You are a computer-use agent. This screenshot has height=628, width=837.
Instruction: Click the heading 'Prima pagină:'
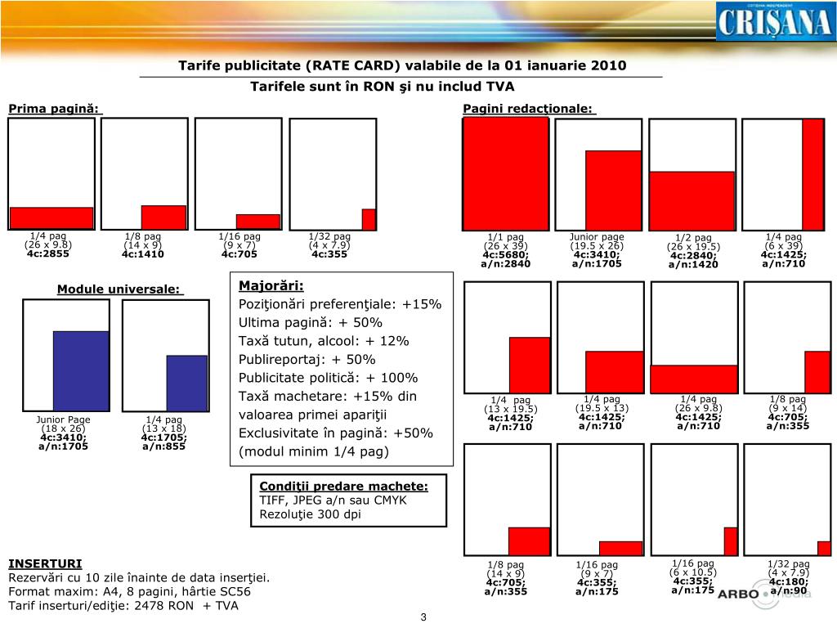[54, 109]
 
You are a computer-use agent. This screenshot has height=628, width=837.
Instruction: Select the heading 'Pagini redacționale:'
[528, 109]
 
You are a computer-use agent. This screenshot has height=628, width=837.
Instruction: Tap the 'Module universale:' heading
[120, 289]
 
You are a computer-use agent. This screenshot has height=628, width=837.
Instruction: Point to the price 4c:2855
[48, 253]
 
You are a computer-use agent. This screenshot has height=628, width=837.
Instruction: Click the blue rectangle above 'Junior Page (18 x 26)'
[81, 370]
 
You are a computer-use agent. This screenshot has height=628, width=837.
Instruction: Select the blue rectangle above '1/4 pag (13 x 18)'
[186, 382]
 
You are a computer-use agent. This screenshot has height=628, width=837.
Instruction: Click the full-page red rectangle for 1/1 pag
[505, 173]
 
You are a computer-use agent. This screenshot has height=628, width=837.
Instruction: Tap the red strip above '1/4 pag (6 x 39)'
[812, 173]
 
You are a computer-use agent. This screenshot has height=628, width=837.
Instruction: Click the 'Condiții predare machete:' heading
[343, 487]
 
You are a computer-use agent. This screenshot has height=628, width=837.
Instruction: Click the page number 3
[424, 617]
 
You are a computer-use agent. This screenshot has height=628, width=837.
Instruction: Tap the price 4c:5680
[506, 254]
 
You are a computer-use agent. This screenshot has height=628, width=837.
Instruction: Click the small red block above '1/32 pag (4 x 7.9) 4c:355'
[369, 219]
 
